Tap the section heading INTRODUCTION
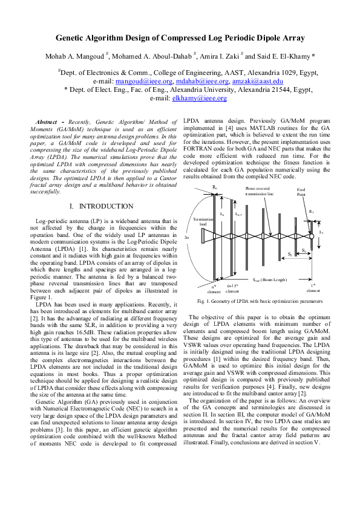[103, 207]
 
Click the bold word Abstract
[51, 122]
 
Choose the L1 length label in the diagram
[321, 232]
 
